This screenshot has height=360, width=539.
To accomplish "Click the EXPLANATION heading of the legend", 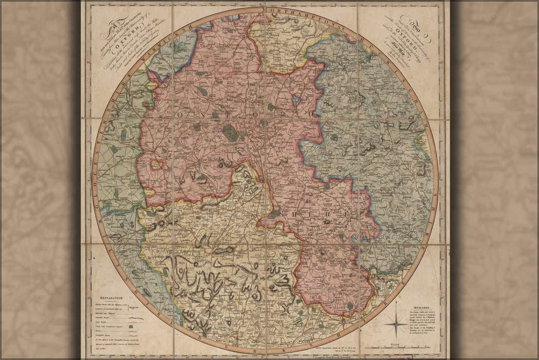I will click(108, 298).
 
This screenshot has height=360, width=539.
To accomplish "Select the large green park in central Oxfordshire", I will click(231, 133).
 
